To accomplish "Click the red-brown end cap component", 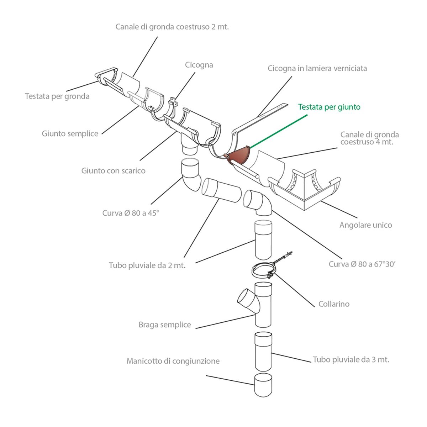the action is (x=238, y=157).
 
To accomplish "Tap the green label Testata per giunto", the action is (x=329, y=107).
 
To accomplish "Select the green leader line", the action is (x=279, y=131).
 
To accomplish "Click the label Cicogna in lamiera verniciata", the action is (x=317, y=68).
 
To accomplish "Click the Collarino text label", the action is (x=334, y=304).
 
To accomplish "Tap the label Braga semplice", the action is (x=165, y=325).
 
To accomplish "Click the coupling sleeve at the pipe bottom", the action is (x=263, y=385).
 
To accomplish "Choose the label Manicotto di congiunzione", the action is (x=173, y=361).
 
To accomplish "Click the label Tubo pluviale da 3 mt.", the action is (x=351, y=359).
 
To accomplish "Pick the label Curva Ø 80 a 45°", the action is (x=131, y=213).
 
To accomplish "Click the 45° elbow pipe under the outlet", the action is (x=191, y=175).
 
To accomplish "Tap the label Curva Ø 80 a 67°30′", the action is (x=362, y=264).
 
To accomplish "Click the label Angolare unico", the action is (x=366, y=225).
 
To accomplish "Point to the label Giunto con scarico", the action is (x=113, y=171).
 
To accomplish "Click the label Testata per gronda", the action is (x=57, y=96).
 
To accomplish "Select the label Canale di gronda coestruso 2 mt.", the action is (x=172, y=27).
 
